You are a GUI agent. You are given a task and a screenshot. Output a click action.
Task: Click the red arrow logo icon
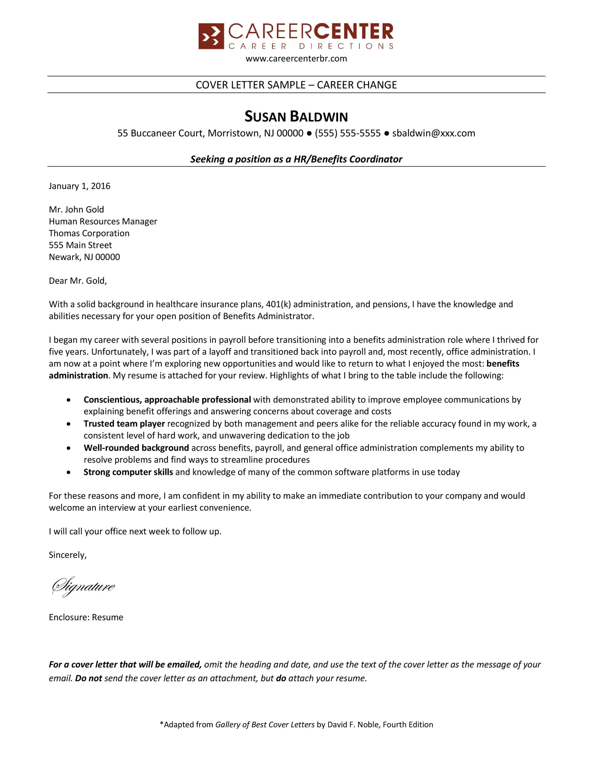[x=211, y=36]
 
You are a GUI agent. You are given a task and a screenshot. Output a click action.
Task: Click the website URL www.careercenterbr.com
[x=296, y=58]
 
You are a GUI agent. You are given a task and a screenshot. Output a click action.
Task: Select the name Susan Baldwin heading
[x=296, y=116]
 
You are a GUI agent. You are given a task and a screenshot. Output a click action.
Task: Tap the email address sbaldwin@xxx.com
[x=433, y=133]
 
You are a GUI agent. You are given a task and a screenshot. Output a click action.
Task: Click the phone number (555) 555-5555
[x=347, y=133]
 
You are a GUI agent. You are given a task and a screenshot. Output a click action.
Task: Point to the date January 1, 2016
[x=79, y=186]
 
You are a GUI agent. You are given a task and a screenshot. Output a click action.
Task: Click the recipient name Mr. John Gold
[x=76, y=210]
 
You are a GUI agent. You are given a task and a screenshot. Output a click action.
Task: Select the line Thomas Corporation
[x=89, y=233]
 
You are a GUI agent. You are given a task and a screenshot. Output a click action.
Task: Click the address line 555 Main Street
[x=80, y=245]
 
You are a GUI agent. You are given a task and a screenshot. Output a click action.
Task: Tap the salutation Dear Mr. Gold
[x=78, y=280]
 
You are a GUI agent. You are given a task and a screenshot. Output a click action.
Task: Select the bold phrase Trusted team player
[x=124, y=424]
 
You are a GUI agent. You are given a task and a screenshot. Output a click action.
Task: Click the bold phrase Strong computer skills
[x=128, y=472]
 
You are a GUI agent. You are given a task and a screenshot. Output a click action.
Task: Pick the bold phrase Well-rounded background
[x=136, y=448]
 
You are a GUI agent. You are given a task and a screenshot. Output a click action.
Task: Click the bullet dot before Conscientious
[x=68, y=400]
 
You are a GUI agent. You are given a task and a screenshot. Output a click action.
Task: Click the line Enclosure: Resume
[x=86, y=617]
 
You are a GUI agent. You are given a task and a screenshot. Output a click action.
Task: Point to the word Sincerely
[x=68, y=555]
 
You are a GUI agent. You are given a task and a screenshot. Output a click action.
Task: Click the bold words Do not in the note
[x=88, y=678]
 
